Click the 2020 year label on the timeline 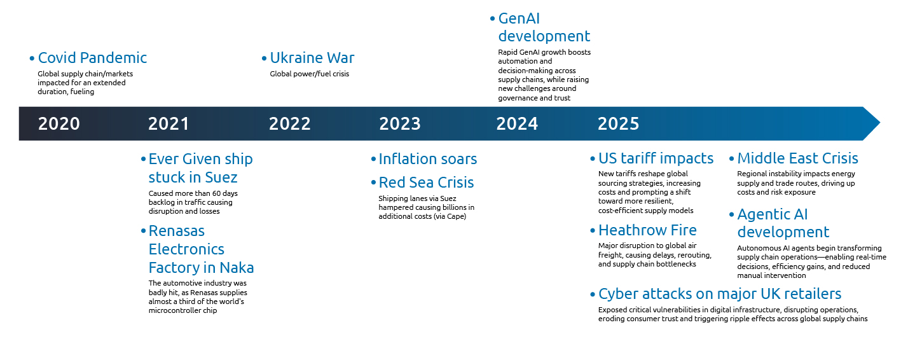[x=59, y=124]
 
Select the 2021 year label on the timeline [x=169, y=124]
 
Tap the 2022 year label [x=289, y=124]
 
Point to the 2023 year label [x=400, y=124]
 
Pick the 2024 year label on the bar [x=517, y=124]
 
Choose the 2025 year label [x=619, y=124]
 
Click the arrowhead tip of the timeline [x=880, y=123]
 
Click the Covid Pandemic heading [x=92, y=58]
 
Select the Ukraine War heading [x=312, y=58]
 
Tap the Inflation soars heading [x=428, y=159]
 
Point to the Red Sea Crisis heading [x=426, y=183]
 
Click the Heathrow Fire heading [x=647, y=230]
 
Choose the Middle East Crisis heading [x=798, y=158]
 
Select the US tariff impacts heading [x=656, y=158]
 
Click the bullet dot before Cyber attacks [x=593, y=294]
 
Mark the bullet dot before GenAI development [x=492, y=19]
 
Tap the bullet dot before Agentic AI [x=732, y=215]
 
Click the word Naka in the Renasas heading [x=237, y=268]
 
